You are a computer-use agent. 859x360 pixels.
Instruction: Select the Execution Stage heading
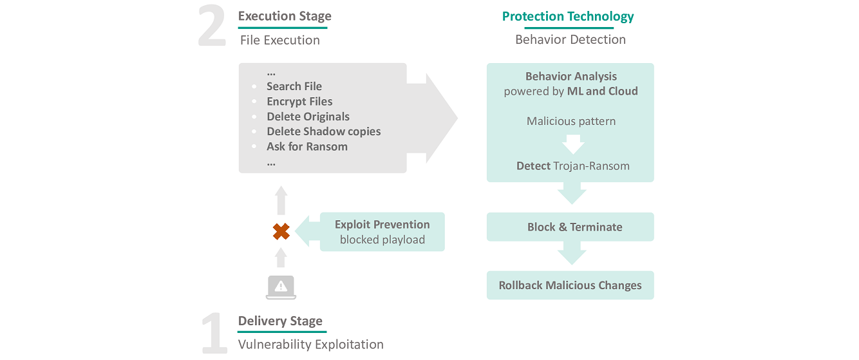pos(285,16)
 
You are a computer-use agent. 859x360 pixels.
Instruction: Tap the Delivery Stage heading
pos(280,321)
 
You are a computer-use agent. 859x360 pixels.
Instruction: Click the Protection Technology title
pos(568,17)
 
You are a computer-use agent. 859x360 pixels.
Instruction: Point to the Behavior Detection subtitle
pos(570,39)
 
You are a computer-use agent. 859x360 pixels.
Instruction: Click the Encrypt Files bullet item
pos(299,101)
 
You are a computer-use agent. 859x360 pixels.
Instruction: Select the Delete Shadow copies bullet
pos(323,131)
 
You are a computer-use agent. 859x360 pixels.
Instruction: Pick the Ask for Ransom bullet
pos(307,146)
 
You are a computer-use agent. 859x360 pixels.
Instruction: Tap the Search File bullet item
pos(294,86)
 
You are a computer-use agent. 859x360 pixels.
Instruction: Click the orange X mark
pos(281,231)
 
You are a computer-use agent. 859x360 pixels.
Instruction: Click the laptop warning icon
pos(281,287)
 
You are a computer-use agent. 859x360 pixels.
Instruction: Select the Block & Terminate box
pos(570,227)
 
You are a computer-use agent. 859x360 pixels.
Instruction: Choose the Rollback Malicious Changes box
pos(570,285)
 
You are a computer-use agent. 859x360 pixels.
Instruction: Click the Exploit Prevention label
pos(382,225)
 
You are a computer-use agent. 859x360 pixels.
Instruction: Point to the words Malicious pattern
pos(571,121)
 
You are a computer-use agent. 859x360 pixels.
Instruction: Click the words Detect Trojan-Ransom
pos(572,166)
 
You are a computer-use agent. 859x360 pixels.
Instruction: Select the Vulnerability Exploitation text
pos(310,345)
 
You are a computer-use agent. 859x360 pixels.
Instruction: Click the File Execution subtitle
pos(279,40)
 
